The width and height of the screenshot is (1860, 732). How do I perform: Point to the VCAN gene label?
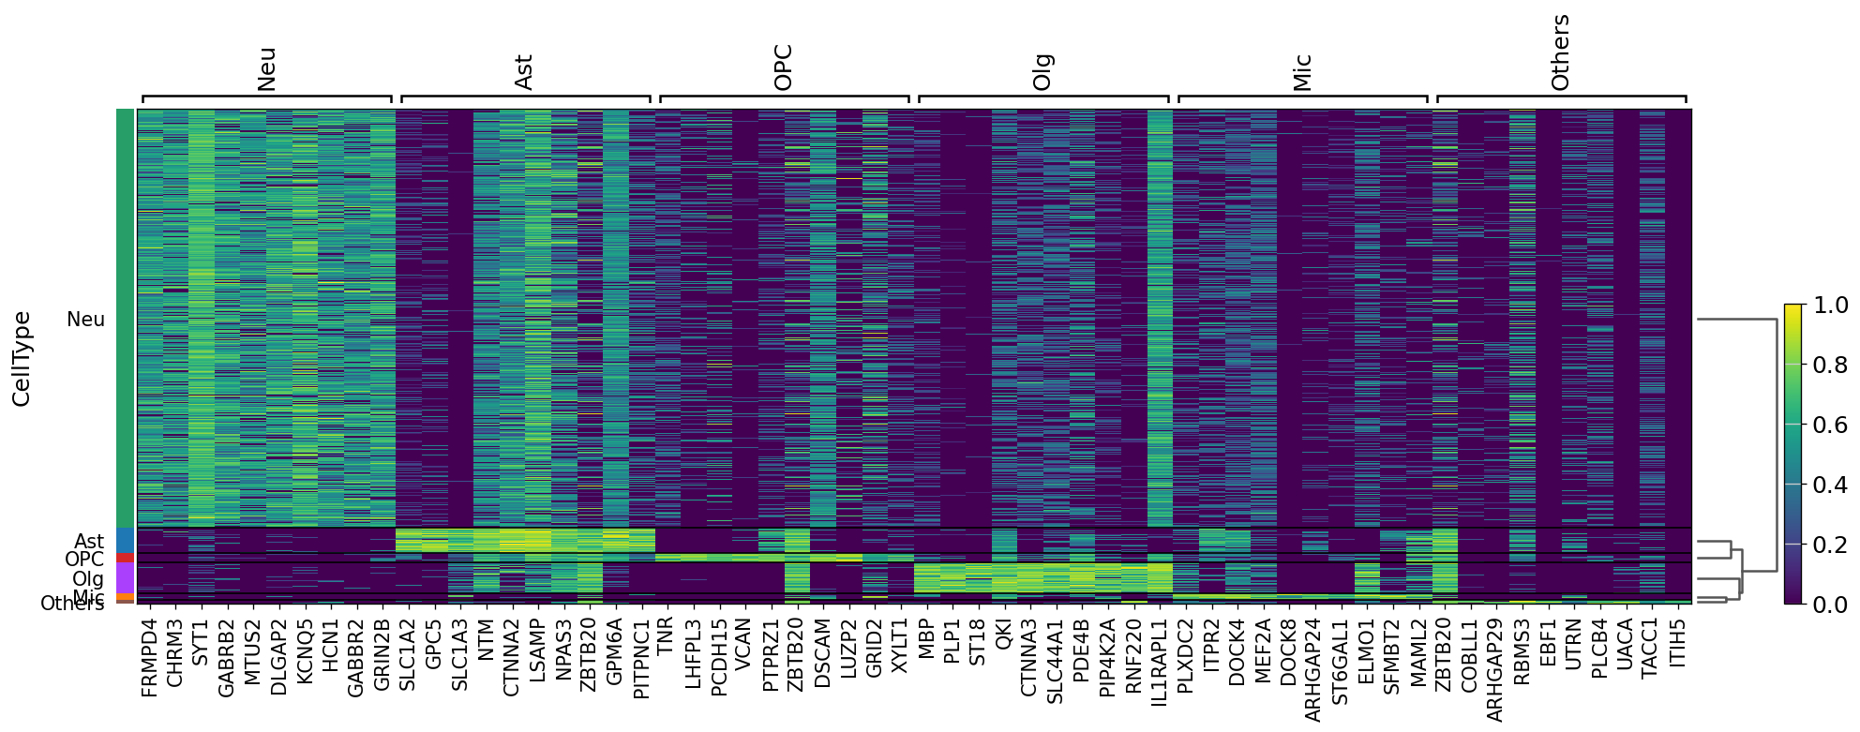[743, 642]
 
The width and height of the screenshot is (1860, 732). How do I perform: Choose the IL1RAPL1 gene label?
[1159, 662]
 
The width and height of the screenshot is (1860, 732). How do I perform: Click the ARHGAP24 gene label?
[1313, 669]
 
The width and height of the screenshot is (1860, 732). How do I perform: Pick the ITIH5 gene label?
[1677, 642]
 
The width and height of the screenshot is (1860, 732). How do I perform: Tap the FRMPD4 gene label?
[149, 657]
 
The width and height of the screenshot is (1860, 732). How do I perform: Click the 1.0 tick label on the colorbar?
[1831, 306]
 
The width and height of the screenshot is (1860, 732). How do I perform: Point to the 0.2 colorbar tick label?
[1831, 545]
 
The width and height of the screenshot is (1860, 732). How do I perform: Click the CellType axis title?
[22, 359]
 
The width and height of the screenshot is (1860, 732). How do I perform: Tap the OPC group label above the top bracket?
[784, 67]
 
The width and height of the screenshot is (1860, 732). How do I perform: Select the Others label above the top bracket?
[1560, 52]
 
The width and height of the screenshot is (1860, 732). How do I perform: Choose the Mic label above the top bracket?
[1302, 72]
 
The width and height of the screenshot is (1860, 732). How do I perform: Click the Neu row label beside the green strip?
[85, 320]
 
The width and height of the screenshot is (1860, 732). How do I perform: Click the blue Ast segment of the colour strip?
[125, 541]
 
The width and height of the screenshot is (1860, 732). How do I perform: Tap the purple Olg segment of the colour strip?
[125, 577]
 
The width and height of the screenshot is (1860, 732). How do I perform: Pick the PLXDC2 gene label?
[1184, 655]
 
